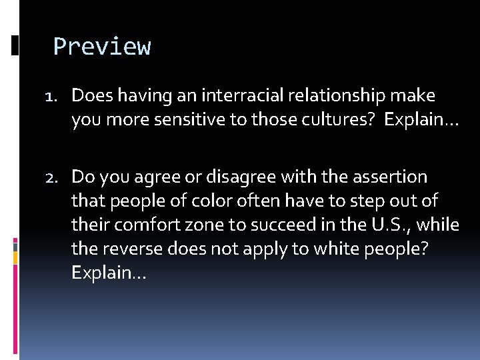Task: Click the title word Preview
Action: [x=102, y=47]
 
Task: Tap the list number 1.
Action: [x=53, y=97]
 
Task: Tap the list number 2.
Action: [x=53, y=177]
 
